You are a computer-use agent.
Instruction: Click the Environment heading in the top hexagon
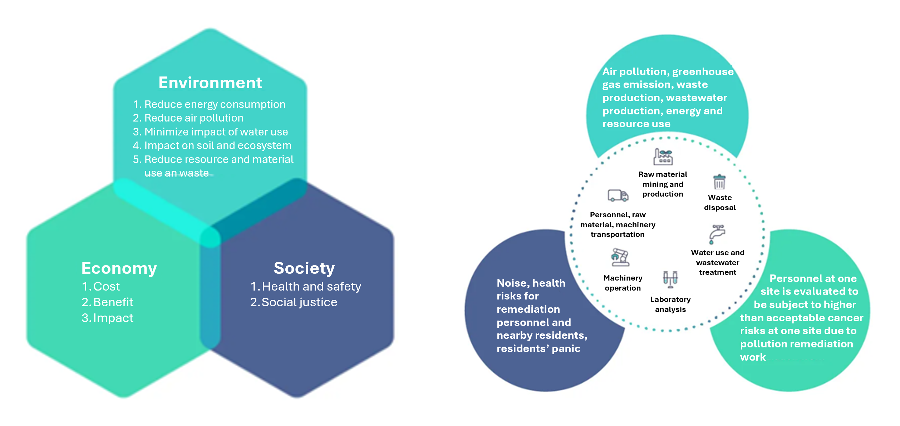pos(210,83)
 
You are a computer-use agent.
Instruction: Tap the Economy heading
pos(119,268)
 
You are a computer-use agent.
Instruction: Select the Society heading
pos(304,268)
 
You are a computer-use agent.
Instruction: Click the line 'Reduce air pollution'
pos(193,118)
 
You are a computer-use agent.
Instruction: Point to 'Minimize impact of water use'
pos(216,132)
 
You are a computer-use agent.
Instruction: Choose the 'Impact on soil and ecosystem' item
pos(217,145)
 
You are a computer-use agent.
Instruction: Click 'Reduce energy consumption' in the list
pos(215,104)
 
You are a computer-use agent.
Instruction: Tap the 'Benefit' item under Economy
pos(113,302)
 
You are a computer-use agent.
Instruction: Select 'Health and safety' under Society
pos(311,287)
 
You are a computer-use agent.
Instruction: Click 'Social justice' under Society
pos(299,302)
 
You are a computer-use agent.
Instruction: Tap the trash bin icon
pos(719,182)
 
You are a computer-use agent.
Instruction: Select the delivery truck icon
pos(618,195)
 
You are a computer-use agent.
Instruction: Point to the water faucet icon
pos(717,234)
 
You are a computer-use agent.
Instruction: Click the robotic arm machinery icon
pos(620,257)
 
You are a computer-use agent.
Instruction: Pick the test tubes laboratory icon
pos(670,279)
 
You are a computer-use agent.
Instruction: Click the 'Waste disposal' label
pos(720,203)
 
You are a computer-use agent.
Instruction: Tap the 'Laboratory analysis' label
pos(670,304)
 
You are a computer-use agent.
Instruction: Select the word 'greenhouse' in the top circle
pos(703,71)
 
